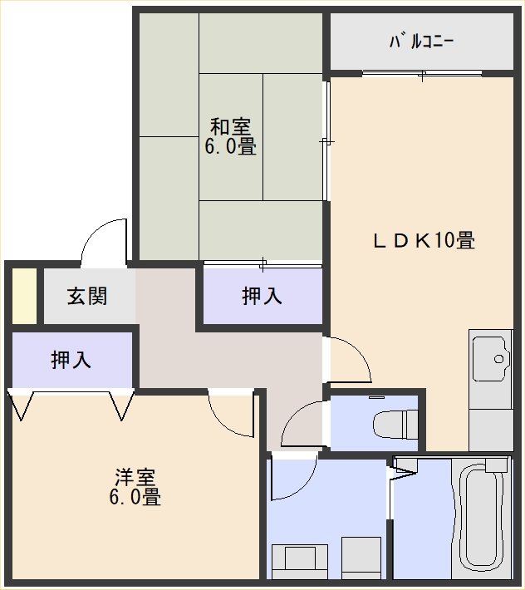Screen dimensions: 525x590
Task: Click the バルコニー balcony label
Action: coord(422,42)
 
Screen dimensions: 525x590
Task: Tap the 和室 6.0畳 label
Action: coord(231,136)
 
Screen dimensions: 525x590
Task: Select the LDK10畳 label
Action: coord(424,240)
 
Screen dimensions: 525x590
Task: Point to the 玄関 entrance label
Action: coord(87,296)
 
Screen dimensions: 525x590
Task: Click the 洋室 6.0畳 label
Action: coord(135,486)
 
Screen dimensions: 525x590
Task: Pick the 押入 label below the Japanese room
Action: coord(262,295)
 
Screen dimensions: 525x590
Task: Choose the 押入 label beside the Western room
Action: coord(71,359)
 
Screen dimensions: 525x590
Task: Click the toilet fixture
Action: coord(395,425)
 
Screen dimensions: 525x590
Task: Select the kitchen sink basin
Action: coord(490,359)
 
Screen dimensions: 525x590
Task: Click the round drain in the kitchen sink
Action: coord(498,359)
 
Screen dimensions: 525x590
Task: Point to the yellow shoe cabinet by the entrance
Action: coord(24,296)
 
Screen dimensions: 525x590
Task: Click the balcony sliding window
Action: coord(422,74)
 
